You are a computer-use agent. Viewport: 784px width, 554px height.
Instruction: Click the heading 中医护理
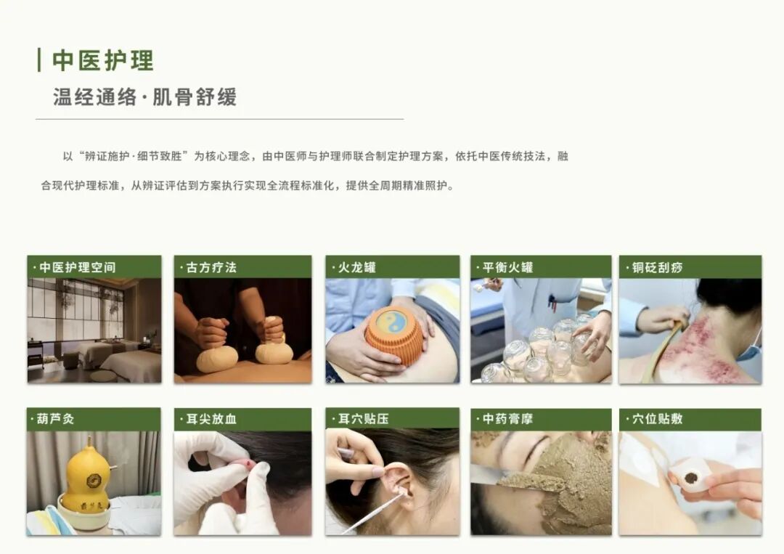(103, 60)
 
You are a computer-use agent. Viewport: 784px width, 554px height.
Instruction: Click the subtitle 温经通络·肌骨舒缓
(144, 97)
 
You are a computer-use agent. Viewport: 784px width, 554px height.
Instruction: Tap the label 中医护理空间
(78, 267)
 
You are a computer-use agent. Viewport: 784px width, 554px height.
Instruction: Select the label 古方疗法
(211, 267)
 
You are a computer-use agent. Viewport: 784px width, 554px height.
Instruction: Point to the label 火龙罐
(357, 267)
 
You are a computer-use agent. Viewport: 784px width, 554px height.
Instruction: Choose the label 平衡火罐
(508, 267)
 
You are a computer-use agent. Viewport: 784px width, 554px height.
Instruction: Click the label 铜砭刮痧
(657, 267)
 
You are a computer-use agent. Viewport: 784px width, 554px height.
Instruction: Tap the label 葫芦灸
(55, 419)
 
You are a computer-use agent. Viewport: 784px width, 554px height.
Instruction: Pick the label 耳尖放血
(211, 419)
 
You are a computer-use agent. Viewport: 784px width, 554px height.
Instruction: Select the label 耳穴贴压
(364, 419)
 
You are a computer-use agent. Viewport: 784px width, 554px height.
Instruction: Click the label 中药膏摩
(508, 419)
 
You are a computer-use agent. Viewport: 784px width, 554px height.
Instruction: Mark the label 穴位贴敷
(657, 419)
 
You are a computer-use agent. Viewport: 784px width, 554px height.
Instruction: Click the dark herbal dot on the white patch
(691, 478)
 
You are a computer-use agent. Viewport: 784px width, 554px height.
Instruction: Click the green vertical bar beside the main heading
(39, 60)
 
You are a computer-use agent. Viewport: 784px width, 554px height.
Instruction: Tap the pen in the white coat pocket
(551, 302)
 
